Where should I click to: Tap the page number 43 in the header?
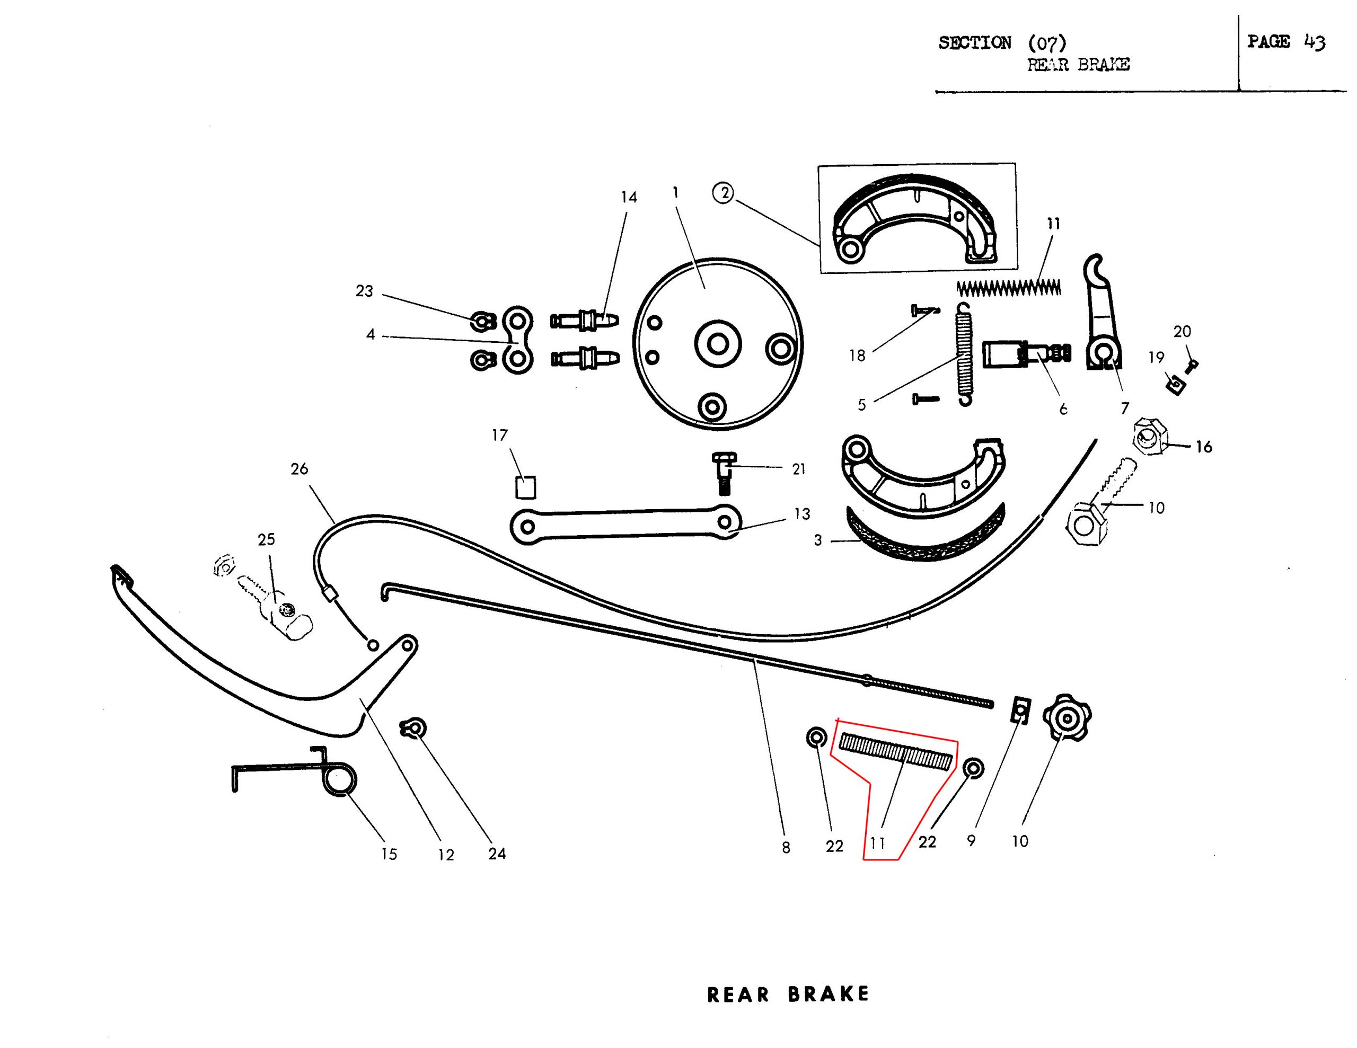coord(1315,42)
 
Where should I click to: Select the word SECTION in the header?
coord(975,43)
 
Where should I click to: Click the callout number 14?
coord(629,198)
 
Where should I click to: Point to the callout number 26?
coord(299,469)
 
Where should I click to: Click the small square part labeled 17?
coord(526,487)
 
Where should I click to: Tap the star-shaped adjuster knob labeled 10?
coord(1066,718)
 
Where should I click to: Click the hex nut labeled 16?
coord(1150,437)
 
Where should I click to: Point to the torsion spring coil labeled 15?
coord(340,781)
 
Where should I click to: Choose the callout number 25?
coord(266,539)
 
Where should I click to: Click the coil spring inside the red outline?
coord(895,752)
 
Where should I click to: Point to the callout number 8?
coord(786,847)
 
